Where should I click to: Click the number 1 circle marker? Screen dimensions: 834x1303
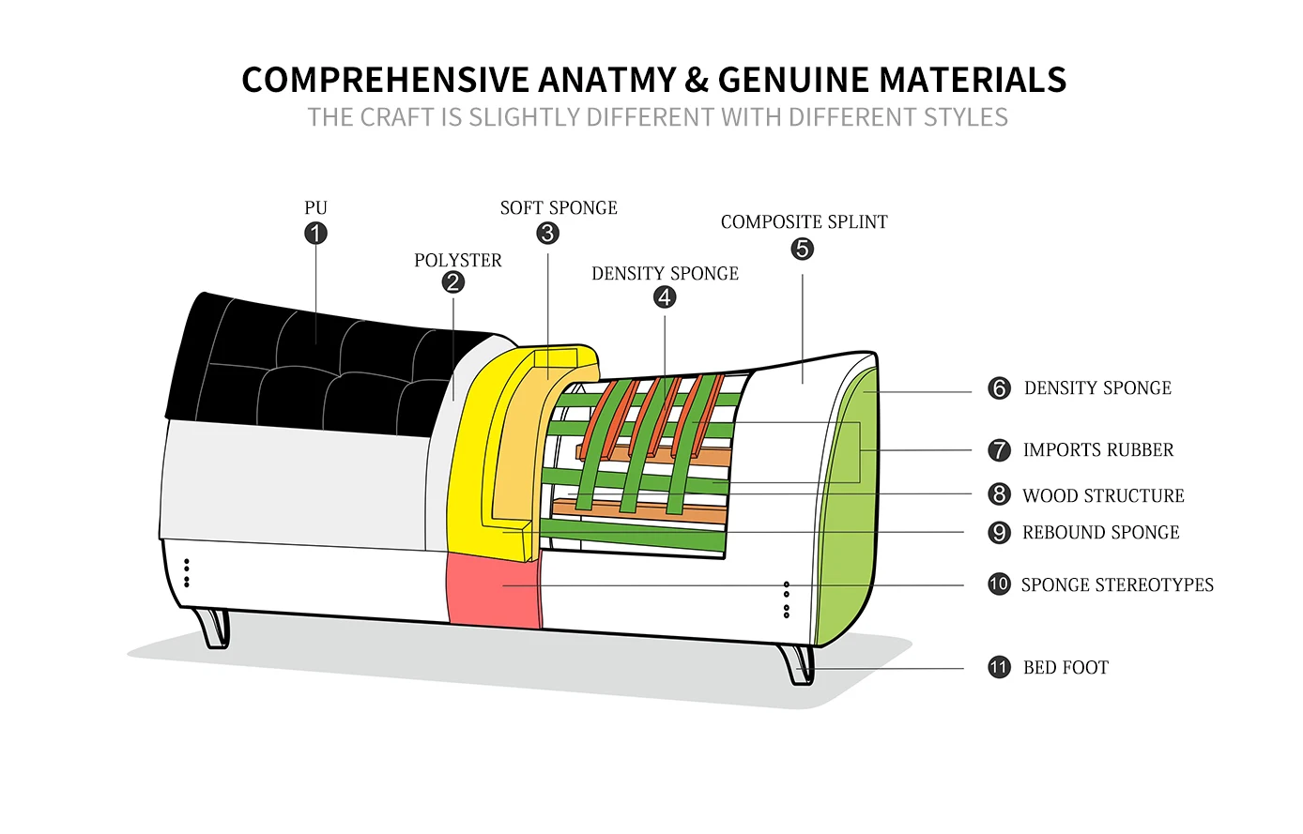pos(315,233)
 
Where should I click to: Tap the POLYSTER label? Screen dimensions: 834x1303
pos(458,260)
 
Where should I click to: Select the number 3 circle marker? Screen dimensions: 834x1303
pos(548,233)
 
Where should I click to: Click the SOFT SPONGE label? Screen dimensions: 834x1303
pos(559,207)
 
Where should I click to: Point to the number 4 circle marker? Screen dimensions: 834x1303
pos(665,297)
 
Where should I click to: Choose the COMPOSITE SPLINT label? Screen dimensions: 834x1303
pos(804,221)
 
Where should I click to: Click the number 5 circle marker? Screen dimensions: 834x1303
pos(803,249)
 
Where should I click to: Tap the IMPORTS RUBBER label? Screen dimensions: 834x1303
pos(1097,450)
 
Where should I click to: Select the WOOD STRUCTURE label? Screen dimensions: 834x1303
pos(1103,495)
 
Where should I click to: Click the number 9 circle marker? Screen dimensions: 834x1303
pos(999,533)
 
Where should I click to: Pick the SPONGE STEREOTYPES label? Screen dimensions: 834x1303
pos(1117,584)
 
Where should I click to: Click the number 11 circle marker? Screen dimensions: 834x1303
pos(999,667)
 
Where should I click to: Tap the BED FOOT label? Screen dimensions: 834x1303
pos(1065,667)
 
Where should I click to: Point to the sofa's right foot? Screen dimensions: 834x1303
pos(799,663)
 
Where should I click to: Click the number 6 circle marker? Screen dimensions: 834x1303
pos(999,388)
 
